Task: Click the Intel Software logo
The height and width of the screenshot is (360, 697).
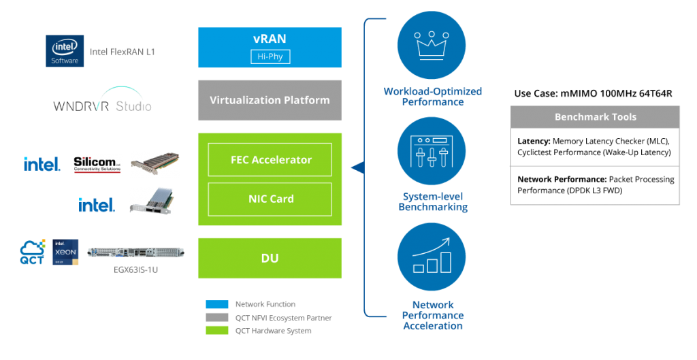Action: pos(65,51)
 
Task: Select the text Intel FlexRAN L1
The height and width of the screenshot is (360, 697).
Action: pos(123,52)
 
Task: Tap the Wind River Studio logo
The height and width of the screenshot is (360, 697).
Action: pos(103,103)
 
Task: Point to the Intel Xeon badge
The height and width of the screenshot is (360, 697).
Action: pos(66,252)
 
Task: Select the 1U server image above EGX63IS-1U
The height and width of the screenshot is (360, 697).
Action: pos(136,252)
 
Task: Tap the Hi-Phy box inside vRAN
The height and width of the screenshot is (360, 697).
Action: pos(270,56)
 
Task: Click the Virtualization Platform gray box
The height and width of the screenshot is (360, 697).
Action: pos(270,100)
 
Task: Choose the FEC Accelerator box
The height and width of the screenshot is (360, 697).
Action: pos(270,160)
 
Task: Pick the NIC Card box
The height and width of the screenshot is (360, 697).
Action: pos(270,199)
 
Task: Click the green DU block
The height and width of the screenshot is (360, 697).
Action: pos(270,259)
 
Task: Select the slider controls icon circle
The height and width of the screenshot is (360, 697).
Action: pos(432,151)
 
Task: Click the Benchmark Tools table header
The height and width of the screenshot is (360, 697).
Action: pos(595,117)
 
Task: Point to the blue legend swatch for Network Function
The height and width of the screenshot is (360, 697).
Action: pos(217,304)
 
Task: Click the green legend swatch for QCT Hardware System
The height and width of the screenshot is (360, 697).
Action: pos(217,331)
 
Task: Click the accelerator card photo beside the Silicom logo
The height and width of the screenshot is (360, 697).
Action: pos(155,164)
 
